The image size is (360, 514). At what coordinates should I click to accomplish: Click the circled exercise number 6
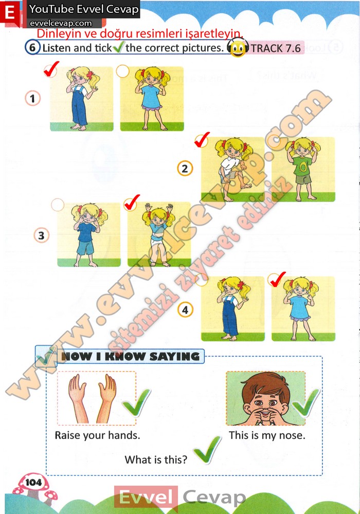point(32,47)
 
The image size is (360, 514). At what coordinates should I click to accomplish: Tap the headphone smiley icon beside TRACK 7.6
point(238,47)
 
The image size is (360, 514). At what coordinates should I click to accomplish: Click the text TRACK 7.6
point(276,48)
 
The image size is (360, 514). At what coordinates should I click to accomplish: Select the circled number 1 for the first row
point(32,98)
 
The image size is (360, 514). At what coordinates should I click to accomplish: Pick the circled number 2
point(185,169)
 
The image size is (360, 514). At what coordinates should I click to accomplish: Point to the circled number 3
point(41,235)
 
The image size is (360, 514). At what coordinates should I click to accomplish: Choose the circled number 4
point(185,310)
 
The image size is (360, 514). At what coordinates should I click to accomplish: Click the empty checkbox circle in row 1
point(122,71)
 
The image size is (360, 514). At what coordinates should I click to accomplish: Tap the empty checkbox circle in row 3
point(58,205)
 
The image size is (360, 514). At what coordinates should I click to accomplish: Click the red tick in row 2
point(202,139)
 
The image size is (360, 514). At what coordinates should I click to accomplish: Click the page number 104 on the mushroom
point(33,482)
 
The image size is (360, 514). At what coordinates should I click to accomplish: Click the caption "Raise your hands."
point(97,435)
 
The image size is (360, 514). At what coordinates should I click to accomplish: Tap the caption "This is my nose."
point(267,435)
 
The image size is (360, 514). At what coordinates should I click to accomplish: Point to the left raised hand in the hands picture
point(78,398)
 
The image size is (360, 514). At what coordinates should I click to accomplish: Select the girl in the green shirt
point(303,169)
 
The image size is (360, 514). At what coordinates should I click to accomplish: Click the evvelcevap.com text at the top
point(61,23)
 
